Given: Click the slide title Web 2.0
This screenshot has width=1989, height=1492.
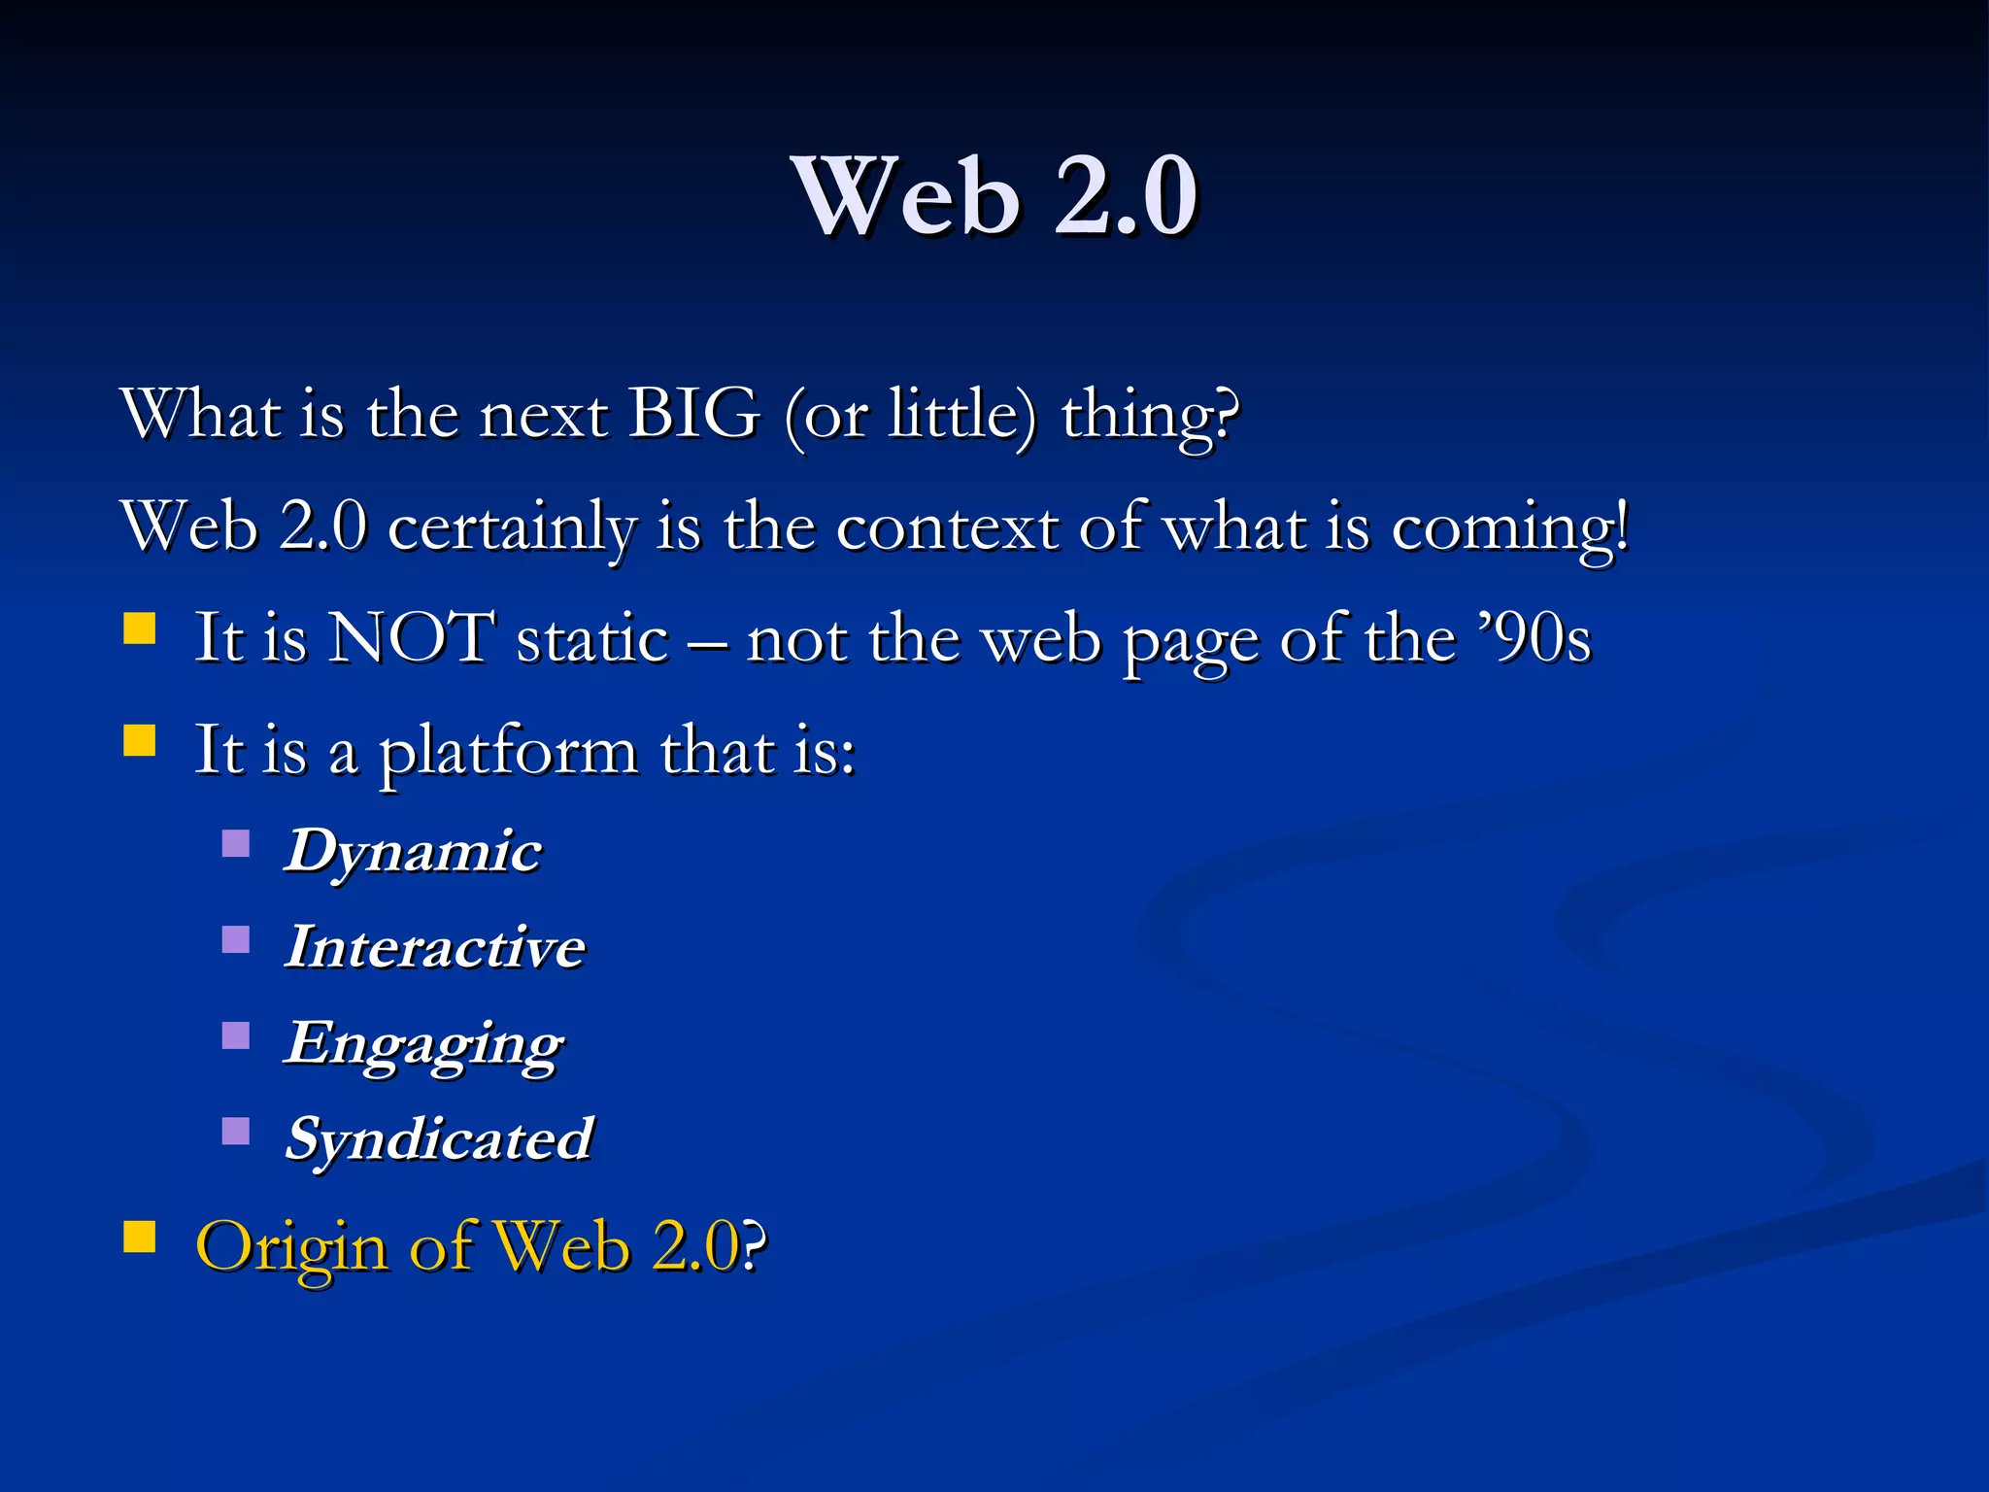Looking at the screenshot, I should (x=994, y=197).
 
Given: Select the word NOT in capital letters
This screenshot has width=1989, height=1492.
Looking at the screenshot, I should (x=411, y=639).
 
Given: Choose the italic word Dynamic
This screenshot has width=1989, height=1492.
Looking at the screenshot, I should (x=413, y=853).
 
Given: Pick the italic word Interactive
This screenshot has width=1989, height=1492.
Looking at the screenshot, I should (x=435, y=948).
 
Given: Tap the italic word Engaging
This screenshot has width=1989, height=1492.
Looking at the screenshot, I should (x=424, y=1045).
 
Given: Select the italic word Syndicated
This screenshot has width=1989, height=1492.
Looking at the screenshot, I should (x=439, y=1139).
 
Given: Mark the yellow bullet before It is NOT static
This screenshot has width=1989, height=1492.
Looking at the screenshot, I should (x=140, y=628).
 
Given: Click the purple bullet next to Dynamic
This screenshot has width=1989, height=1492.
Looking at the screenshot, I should (x=236, y=842).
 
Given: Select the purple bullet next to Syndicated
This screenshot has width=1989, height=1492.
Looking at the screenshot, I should (x=236, y=1131).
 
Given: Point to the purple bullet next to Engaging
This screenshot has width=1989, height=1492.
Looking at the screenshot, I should (x=236, y=1035).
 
